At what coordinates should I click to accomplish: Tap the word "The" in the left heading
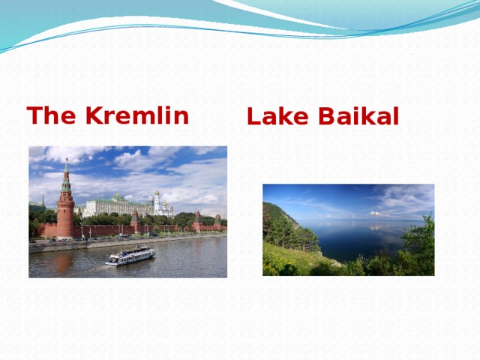tap(52, 115)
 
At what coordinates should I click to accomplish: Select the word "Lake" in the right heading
tap(277, 116)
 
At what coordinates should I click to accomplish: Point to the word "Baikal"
tap(358, 116)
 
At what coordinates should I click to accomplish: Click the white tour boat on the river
tap(130, 256)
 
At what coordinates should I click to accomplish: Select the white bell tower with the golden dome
tap(157, 202)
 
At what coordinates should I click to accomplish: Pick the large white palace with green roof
tap(115, 205)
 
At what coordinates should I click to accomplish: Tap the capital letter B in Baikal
tap(326, 116)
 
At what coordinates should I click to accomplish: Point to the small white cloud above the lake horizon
tap(378, 214)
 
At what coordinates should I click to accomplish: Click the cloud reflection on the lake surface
tap(378, 227)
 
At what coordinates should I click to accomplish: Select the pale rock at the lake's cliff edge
tap(337, 263)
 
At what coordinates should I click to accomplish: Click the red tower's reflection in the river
tap(64, 262)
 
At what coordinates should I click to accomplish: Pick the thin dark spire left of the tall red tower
tap(43, 201)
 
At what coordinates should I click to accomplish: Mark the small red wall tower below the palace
tap(134, 221)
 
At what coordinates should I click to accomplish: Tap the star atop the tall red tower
tap(67, 160)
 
